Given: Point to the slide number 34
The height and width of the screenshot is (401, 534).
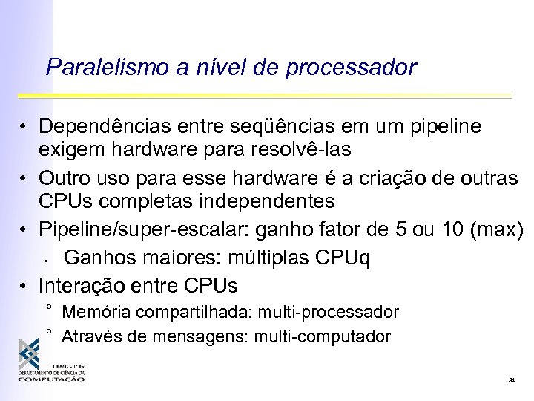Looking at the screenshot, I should (512, 380).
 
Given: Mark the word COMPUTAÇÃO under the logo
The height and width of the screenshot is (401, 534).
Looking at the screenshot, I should (51, 379).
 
